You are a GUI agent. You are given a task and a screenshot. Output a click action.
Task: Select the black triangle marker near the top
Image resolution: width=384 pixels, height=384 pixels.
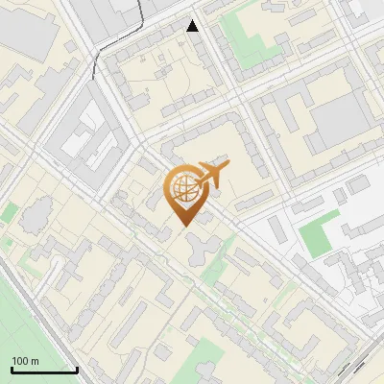pos(193,26)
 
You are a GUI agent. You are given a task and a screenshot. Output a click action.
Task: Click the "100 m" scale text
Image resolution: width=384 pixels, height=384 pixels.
pos(25,361)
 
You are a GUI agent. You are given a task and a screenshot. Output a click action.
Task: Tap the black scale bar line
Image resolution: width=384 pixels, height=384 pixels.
pos(44,370)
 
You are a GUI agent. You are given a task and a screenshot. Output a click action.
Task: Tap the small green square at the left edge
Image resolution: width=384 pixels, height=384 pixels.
pos(8,213)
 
